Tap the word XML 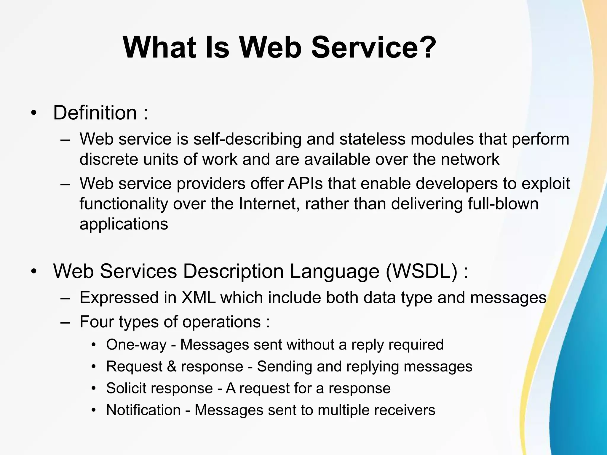(198, 297)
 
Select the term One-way (136, 345)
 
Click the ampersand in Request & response (172, 366)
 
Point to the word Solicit (124, 388)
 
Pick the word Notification (143, 410)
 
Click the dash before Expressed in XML (65, 298)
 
